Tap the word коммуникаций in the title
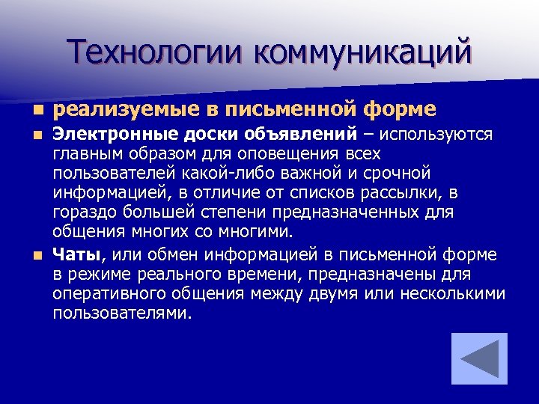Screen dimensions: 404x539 tap(364, 52)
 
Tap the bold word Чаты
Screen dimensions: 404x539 tap(76, 256)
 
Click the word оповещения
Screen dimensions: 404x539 tap(289, 154)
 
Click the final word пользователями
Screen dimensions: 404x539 tap(121, 314)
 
